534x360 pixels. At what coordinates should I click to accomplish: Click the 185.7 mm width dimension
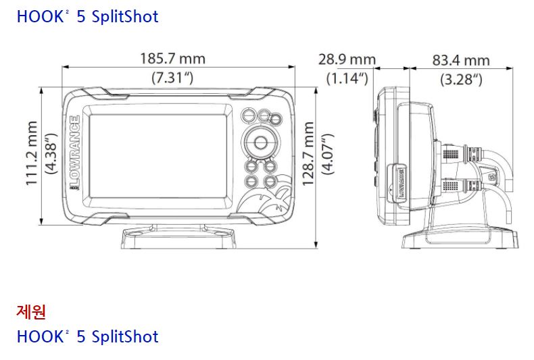172,59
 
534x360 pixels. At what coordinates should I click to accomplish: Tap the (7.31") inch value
172,77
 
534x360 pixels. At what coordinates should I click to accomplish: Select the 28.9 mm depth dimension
347,59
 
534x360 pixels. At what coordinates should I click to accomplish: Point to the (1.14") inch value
347,78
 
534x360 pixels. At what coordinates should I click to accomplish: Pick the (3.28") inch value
461,79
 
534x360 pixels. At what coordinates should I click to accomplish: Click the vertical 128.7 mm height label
308,154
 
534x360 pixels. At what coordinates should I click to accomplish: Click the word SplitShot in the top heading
124,16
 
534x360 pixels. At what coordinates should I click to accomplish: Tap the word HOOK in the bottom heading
39,336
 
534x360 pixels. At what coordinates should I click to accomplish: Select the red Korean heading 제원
31,311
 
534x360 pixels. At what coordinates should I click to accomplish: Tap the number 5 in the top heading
82,16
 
